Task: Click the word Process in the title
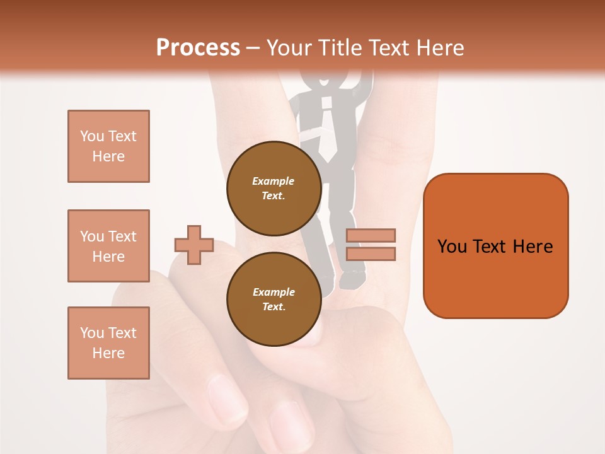(198, 48)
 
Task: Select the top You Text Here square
(108, 146)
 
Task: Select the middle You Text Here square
(108, 246)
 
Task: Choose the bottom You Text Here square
(108, 343)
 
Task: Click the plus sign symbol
(194, 245)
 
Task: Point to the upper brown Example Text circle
(274, 188)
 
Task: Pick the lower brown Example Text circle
(274, 299)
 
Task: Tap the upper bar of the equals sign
(371, 235)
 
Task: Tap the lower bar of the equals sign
(371, 253)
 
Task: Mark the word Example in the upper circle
(274, 181)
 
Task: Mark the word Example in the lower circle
(274, 292)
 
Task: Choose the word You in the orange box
(452, 247)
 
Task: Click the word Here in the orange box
(533, 247)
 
